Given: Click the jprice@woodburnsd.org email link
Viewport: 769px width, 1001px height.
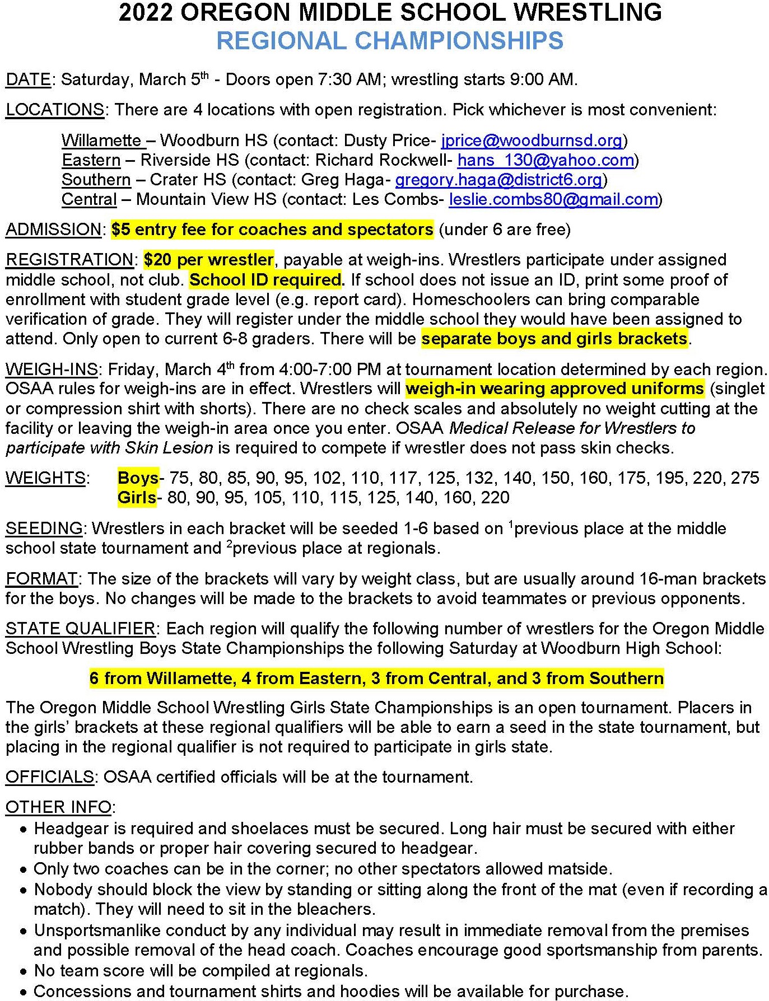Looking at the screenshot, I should pyautogui.click(x=532, y=140).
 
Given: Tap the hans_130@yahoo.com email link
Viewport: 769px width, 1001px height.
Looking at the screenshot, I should pyautogui.click(x=546, y=160).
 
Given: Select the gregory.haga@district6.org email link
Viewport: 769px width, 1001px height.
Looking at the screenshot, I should pyautogui.click(x=498, y=180).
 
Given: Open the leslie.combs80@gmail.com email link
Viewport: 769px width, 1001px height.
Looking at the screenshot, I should pyautogui.click(x=553, y=199).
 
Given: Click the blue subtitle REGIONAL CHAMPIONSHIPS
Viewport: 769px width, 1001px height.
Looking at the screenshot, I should pyautogui.click(x=390, y=41).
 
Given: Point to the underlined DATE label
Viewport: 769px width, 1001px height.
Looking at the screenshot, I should pyautogui.click(x=28, y=79).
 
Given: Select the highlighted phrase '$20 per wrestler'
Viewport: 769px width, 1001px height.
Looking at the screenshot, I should pyautogui.click(x=208, y=260).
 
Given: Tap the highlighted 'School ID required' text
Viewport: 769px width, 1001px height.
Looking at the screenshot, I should pyautogui.click(x=265, y=280).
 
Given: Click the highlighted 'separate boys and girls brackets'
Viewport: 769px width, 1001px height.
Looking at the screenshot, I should pyautogui.click(x=554, y=339).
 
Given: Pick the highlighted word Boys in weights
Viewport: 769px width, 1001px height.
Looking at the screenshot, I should pyautogui.click(x=138, y=478).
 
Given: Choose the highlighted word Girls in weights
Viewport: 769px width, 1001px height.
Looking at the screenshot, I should pyautogui.click(x=137, y=498).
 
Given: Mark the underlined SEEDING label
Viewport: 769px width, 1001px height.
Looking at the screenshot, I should pyautogui.click(x=44, y=528).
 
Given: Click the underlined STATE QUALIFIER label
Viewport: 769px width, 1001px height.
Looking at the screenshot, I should pyautogui.click(x=80, y=629).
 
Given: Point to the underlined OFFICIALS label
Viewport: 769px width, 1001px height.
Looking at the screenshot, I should pyautogui.click(x=49, y=777).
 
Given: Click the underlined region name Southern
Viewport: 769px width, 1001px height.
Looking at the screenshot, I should pyautogui.click(x=96, y=180).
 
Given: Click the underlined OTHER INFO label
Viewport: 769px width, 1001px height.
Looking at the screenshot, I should pyautogui.click(x=58, y=807).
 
